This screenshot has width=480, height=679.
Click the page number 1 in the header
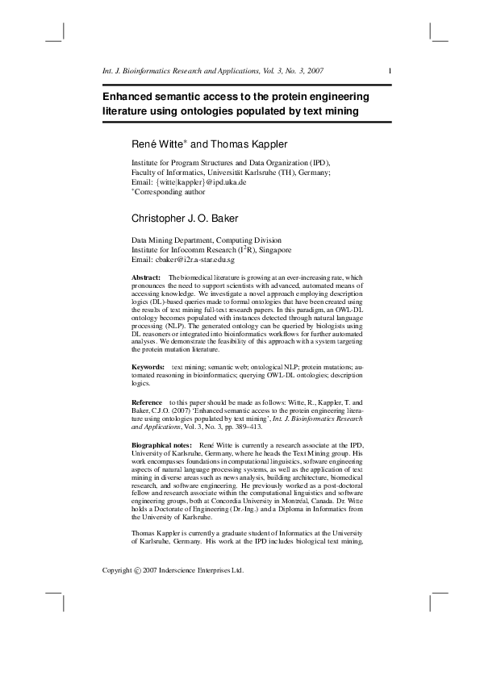click(x=390, y=71)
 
